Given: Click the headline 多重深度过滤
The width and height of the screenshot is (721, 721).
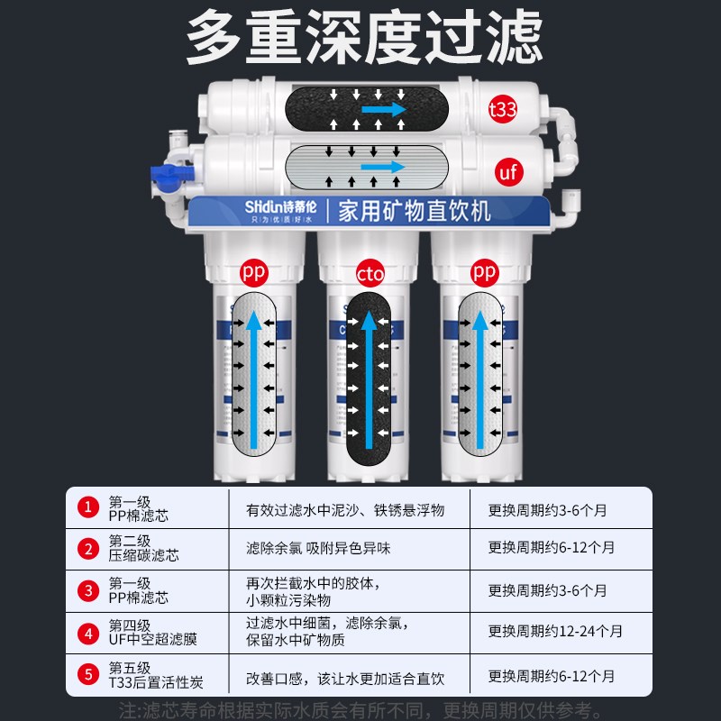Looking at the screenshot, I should pos(360,36).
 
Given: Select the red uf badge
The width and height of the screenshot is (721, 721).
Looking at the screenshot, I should pos(508,171).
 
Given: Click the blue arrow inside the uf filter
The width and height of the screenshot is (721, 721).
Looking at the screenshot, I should pos(382,167).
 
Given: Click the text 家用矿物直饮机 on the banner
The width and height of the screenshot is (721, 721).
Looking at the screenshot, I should pos(414,213).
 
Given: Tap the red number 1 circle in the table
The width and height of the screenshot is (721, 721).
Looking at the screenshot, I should pos(87,508).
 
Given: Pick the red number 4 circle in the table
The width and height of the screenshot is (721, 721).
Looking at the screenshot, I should pos(87,633).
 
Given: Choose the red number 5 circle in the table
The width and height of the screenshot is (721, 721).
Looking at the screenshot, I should pos(87,674).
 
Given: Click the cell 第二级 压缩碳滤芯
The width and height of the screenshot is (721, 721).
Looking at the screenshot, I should pos(144,548).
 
